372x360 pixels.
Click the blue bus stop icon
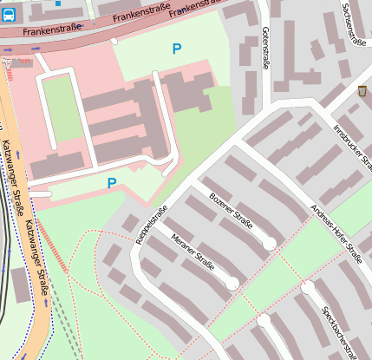coord(7,16)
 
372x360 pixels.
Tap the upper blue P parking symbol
coord(177,49)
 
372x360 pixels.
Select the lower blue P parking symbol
coord(111,183)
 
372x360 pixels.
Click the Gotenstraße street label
coord(264,48)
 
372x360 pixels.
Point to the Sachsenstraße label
coord(351,31)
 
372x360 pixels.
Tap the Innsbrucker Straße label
coord(352,147)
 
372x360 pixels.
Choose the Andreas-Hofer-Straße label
coord(336,233)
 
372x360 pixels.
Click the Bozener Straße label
coord(232,211)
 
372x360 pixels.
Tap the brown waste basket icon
coord(362,91)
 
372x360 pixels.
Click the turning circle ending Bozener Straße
coord(270,245)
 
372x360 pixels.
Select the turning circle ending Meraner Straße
coord(232,284)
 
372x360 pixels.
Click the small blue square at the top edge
coord(58,3)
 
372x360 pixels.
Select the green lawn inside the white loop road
coord(62,108)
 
